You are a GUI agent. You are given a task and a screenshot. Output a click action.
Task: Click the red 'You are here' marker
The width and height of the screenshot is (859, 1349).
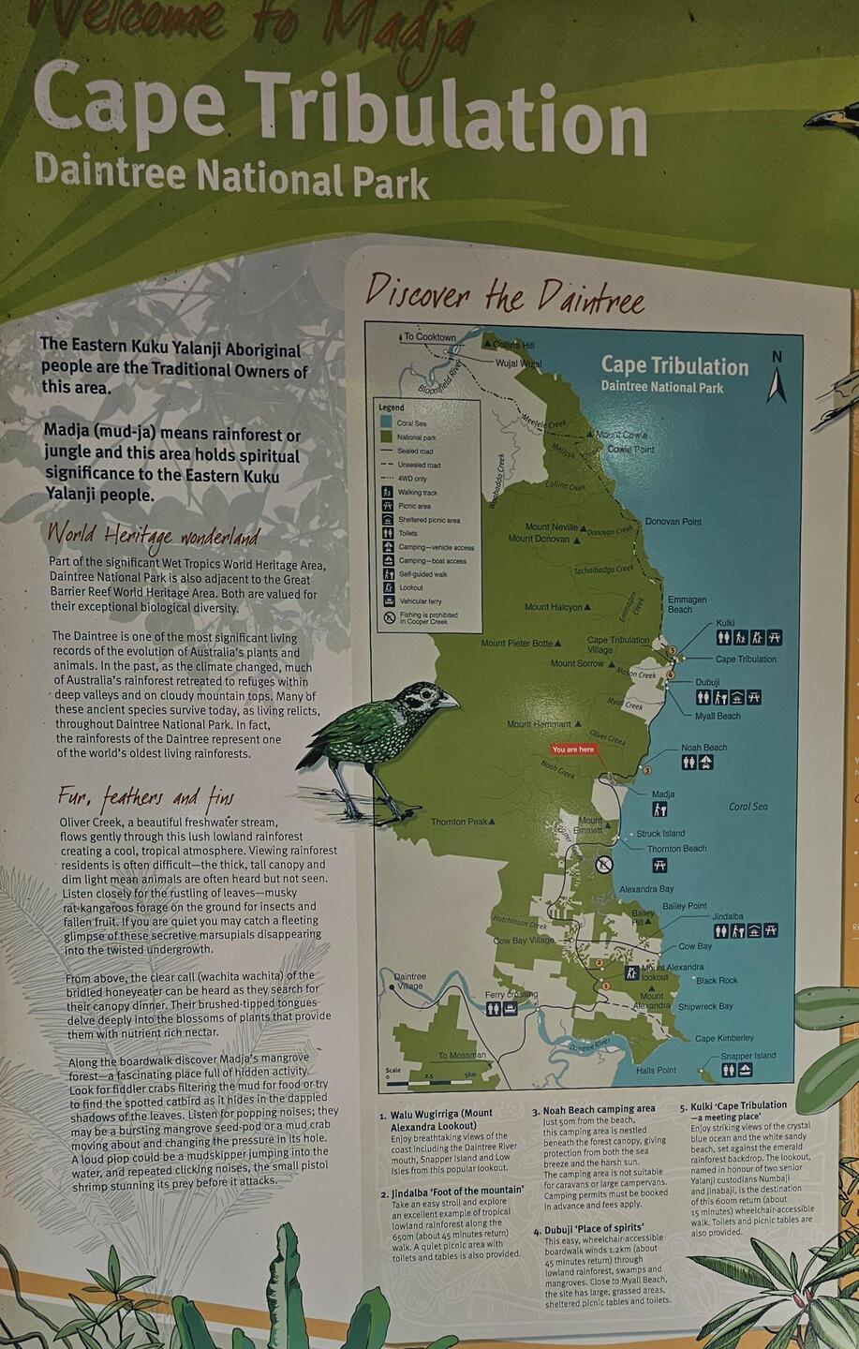(x=573, y=749)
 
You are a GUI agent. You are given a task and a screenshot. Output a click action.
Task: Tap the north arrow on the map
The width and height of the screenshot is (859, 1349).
(x=776, y=380)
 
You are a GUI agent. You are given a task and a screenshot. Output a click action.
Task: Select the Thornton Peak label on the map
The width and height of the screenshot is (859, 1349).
(x=460, y=823)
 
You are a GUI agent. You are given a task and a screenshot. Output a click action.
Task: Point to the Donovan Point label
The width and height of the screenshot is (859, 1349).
(x=673, y=522)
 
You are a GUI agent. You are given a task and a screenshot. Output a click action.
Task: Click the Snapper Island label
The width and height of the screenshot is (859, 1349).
(x=748, y=1056)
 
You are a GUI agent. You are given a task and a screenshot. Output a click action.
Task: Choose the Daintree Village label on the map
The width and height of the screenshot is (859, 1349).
(x=409, y=981)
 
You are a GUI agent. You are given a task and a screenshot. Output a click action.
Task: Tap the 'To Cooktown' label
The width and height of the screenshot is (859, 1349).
(x=429, y=337)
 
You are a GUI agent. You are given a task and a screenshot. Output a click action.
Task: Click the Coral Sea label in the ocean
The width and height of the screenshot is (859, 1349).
(x=748, y=807)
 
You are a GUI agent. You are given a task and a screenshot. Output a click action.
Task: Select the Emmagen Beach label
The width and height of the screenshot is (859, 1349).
(x=687, y=604)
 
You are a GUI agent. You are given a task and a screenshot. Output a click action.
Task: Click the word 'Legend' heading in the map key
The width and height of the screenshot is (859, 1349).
(x=392, y=408)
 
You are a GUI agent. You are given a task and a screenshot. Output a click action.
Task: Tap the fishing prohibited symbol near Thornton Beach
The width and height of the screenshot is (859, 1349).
(x=604, y=864)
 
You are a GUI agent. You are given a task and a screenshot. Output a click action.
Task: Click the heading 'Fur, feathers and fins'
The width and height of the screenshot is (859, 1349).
(x=145, y=797)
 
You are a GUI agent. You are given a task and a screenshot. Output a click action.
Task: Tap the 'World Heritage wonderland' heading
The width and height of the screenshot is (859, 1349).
(x=152, y=536)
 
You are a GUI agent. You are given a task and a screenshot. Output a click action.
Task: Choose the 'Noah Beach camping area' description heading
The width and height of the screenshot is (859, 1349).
(x=599, y=1109)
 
